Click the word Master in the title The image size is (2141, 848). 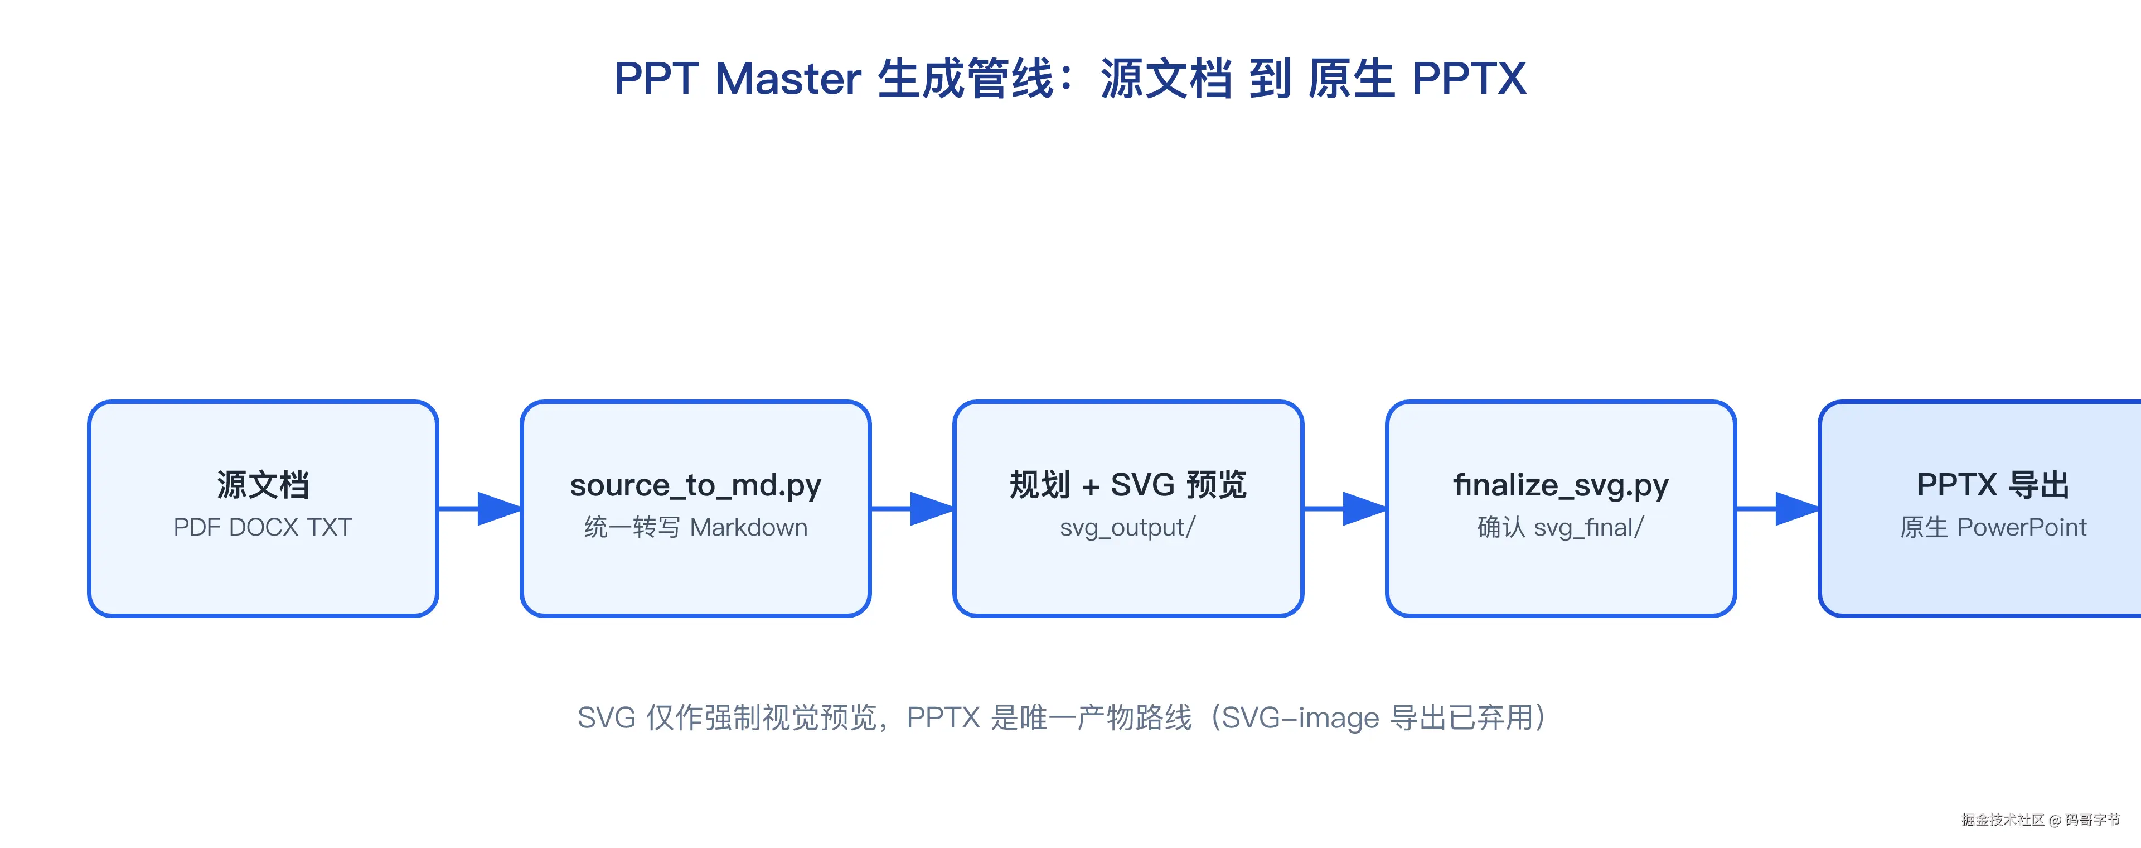point(787,80)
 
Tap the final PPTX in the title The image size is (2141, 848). point(1470,80)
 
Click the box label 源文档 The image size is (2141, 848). point(263,485)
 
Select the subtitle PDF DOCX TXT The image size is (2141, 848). point(263,527)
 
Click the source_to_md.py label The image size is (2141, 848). point(696,485)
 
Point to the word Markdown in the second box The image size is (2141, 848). point(749,527)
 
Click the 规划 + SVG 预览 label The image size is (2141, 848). point(1128,485)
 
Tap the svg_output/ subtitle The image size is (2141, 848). point(1128,528)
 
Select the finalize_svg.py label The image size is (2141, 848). point(1561,485)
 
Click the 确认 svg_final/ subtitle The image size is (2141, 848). point(1561,527)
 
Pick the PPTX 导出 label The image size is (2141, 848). point(1993,485)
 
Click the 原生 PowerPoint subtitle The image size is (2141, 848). point(1993,527)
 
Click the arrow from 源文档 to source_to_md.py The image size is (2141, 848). point(479,509)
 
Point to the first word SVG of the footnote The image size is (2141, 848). point(607,717)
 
